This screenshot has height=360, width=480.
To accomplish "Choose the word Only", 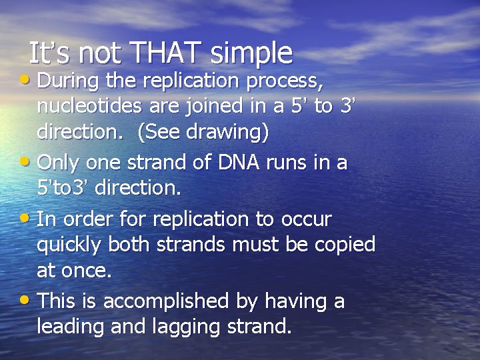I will [x=58, y=162].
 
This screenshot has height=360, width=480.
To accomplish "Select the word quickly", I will [x=70, y=246].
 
